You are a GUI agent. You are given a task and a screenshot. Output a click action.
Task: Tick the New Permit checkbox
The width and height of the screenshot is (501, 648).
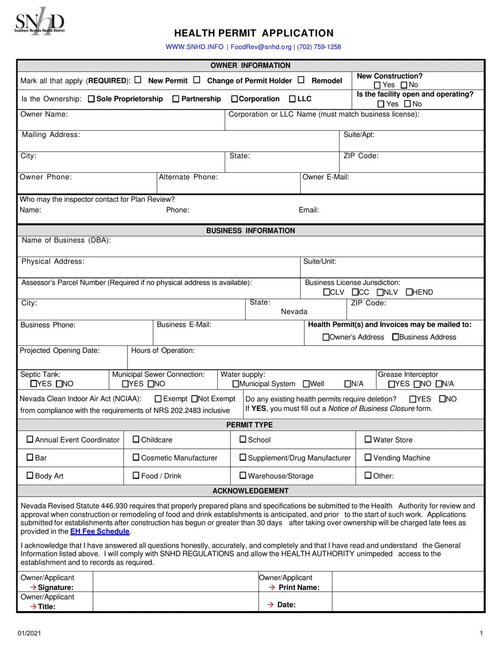pyautogui.click(x=138, y=80)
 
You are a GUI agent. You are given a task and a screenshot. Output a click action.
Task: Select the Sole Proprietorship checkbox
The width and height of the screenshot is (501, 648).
pyautogui.click(x=91, y=99)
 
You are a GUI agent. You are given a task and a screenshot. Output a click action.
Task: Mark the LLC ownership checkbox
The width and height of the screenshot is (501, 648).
pyautogui.click(x=292, y=99)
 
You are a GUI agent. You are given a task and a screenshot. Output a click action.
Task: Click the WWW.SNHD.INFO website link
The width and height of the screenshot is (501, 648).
pyautogui.click(x=195, y=47)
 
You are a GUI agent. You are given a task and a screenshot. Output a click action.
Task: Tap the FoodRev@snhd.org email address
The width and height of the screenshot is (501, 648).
pyautogui.click(x=261, y=47)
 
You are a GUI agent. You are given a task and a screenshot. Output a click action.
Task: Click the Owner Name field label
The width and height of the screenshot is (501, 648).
pyautogui.click(x=44, y=114)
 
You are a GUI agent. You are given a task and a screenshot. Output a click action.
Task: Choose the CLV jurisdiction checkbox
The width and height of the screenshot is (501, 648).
pyautogui.click(x=326, y=292)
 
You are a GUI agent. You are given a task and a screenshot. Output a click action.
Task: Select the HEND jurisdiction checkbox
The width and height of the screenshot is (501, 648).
pyautogui.click(x=409, y=292)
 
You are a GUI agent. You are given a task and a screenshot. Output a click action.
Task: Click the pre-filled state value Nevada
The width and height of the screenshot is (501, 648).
pyautogui.click(x=294, y=311)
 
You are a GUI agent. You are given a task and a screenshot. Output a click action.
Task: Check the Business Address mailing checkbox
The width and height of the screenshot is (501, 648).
pyautogui.click(x=396, y=337)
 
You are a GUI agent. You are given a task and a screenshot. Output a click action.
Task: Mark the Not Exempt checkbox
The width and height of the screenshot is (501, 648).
pyautogui.click(x=194, y=399)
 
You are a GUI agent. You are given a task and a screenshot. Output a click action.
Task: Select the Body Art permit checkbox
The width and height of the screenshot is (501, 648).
pyautogui.click(x=30, y=475)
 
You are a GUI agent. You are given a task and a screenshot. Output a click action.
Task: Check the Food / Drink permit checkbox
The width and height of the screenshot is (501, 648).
pyautogui.click(x=136, y=475)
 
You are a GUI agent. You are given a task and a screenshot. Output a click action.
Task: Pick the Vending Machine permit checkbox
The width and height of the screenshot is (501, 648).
pyautogui.click(x=368, y=457)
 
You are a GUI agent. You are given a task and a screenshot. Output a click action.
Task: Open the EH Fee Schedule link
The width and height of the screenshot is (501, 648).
pyautogui.click(x=100, y=532)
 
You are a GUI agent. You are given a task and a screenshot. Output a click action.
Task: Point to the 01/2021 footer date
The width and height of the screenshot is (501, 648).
pyautogui.click(x=26, y=633)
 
